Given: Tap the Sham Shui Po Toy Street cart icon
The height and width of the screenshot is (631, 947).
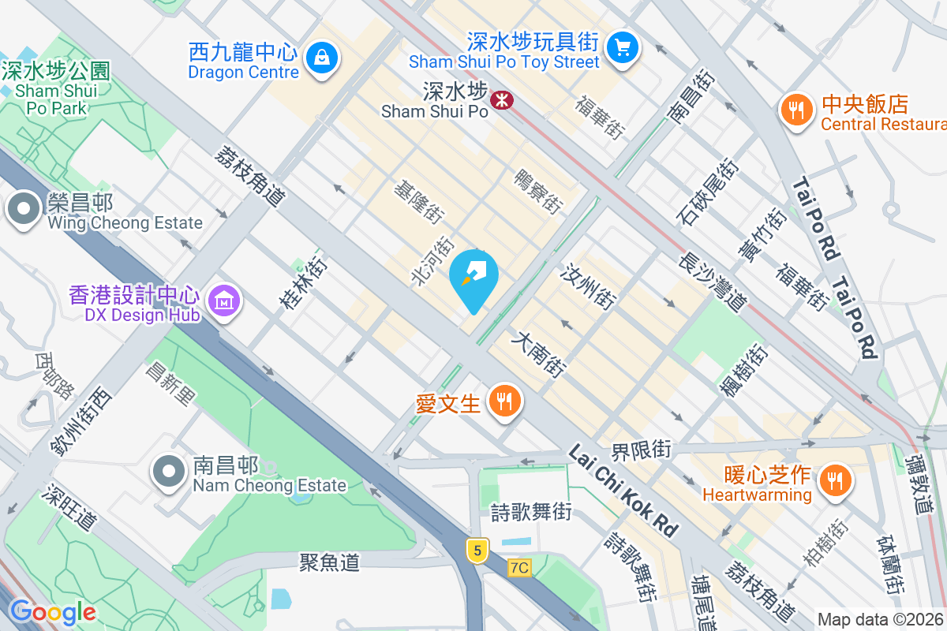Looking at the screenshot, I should click(x=623, y=47).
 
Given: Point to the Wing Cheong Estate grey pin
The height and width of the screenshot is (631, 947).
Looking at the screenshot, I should click(x=24, y=210).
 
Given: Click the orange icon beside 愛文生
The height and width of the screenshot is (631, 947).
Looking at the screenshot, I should click(x=503, y=401).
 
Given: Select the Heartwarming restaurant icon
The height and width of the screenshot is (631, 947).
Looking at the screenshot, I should click(x=833, y=480).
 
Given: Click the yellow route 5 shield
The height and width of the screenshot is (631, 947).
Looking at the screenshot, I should click(x=477, y=549).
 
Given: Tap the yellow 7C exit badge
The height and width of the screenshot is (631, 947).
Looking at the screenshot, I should click(x=518, y=567).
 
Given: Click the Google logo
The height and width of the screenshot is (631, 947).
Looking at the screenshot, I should click(x=52, y=612).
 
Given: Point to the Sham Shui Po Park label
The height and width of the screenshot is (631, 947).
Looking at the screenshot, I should click(x=55, y=89).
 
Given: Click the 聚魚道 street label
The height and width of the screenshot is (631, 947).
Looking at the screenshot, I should click(x=330, y=562).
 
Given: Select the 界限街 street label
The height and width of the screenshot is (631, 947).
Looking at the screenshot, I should click(x=641, y=450).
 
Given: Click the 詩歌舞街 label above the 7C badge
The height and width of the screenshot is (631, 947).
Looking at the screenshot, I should click(x=531, y=511).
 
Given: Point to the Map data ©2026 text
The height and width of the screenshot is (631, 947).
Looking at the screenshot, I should click(x=881, y=620).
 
